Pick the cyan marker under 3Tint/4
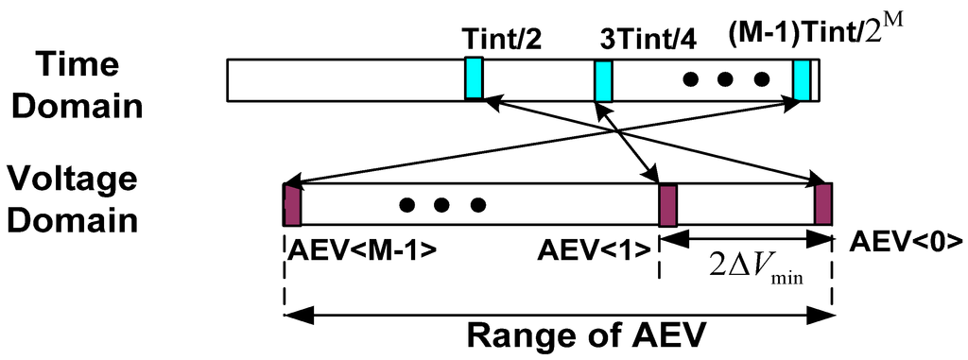tap(603, 80)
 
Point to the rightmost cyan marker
tap(802, 79)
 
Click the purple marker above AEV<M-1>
tap(291, 204)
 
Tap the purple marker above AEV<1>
tap(667, 204)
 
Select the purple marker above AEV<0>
tap(823, 204)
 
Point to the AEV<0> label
tap(906, 240)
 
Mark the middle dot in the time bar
tap(725, 79)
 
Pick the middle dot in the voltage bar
tap(442, 204)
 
